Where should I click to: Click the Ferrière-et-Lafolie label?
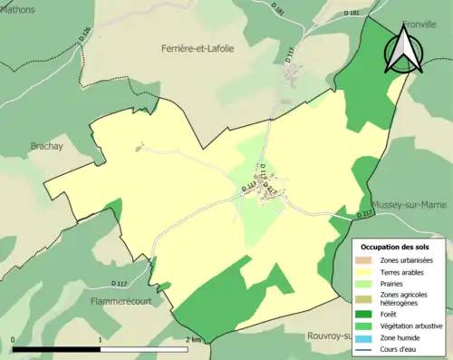[198, 47]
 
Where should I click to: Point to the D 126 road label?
[85, 38]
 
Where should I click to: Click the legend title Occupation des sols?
[396, 247]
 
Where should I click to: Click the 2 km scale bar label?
[193, 339]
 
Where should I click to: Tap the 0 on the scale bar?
[14, 339]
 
